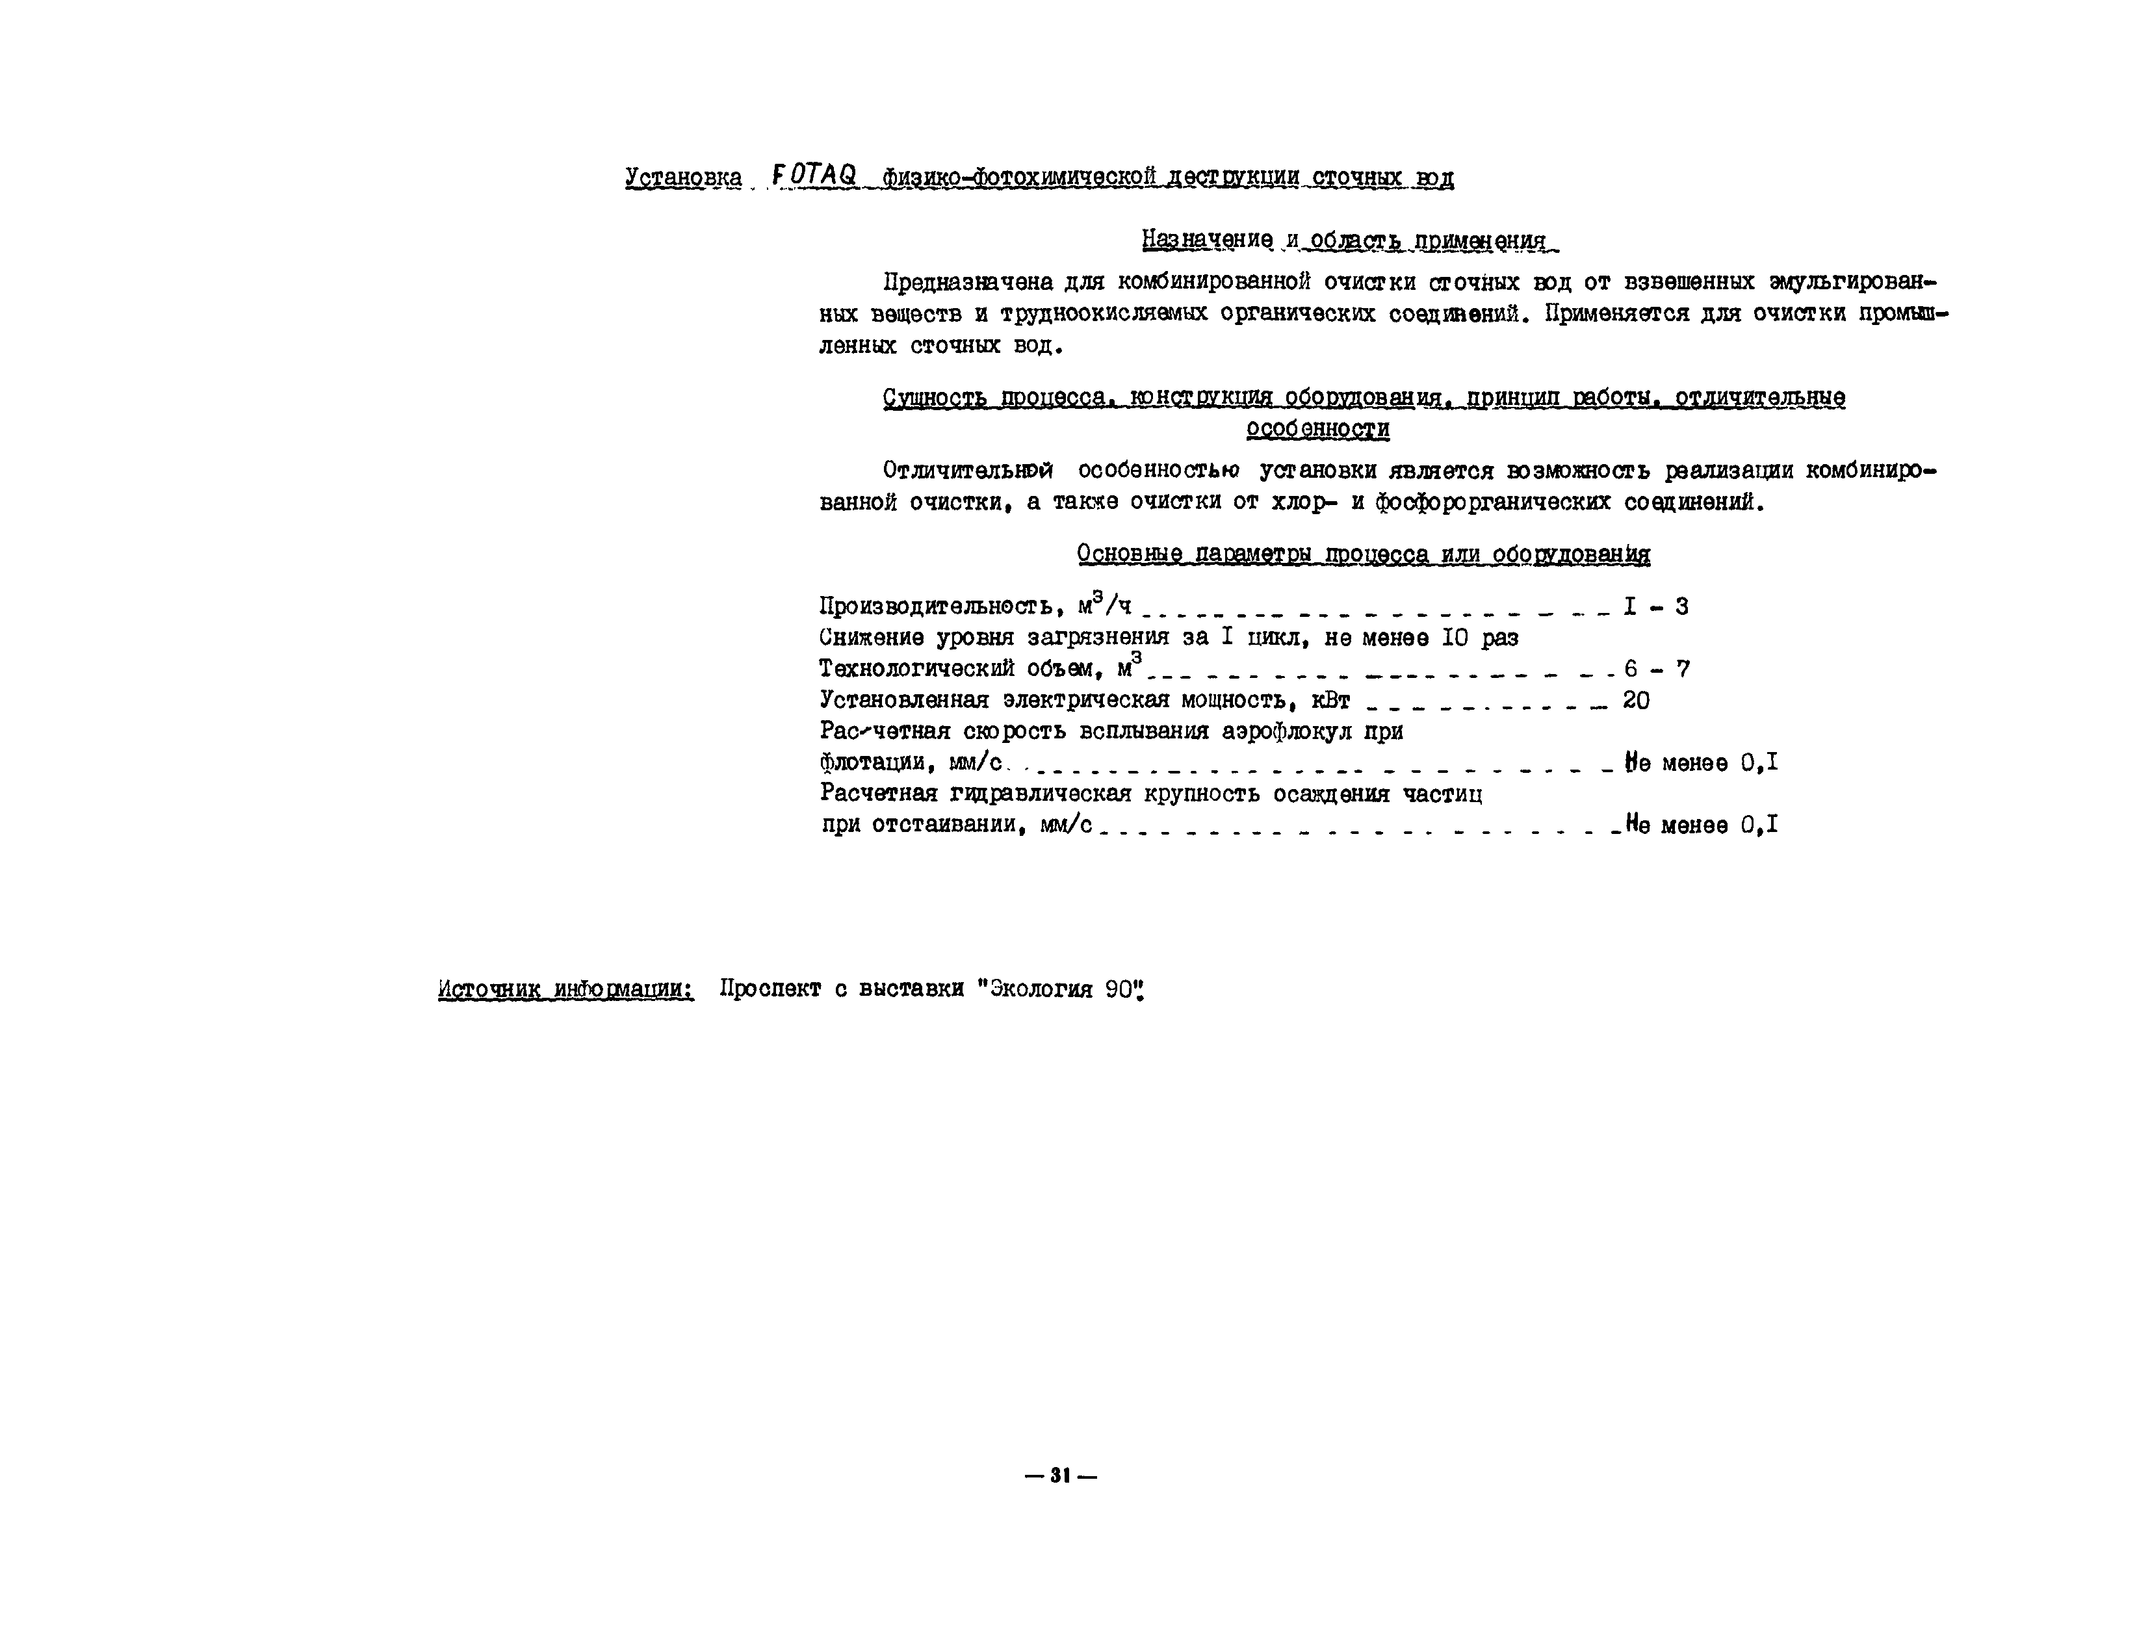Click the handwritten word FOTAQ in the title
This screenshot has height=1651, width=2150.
(x=814, y=176)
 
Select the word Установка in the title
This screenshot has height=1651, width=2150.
(x=683, y=178)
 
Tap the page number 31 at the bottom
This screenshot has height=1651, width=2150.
(x=1059, y=1475)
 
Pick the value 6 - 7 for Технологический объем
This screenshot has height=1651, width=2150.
(x=1656, y=669)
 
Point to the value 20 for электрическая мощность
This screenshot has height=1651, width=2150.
(x=1636, y=701)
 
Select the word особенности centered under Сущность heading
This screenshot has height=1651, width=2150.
(x=1317, y=430)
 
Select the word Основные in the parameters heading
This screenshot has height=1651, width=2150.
(x=1129, y=554)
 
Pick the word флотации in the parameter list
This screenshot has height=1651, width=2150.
(x=869, y=762)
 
